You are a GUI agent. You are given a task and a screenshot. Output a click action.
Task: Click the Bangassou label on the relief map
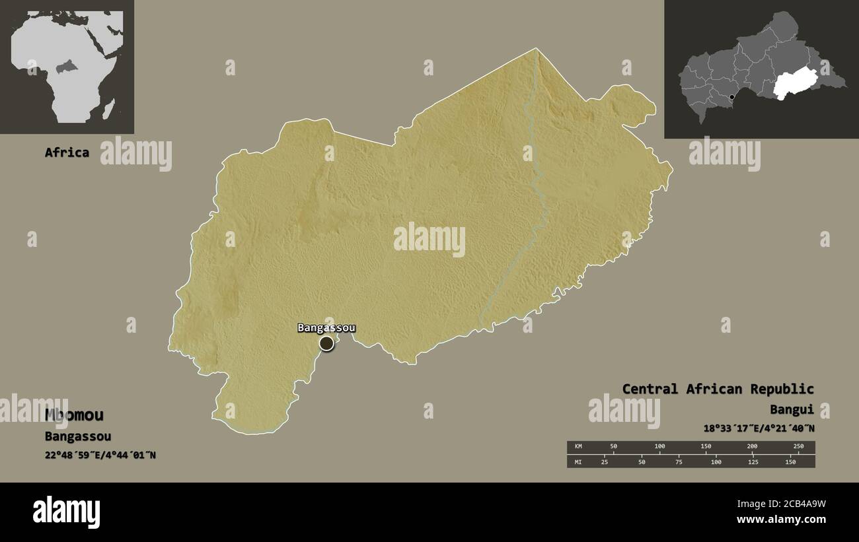[x=326, y=327]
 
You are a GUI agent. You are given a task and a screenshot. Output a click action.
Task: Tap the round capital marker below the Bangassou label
[x=326, y=343]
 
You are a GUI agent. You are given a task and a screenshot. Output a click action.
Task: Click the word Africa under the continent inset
[x=67, y=152]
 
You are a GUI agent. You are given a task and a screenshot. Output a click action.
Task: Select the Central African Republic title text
[x=718, y=389]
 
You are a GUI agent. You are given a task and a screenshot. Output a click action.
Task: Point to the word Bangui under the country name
[x=792, y=409]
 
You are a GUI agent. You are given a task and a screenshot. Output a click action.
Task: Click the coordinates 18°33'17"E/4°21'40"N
[x=759, y=428]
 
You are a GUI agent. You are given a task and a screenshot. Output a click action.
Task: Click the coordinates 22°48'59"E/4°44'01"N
[x=100, y=455]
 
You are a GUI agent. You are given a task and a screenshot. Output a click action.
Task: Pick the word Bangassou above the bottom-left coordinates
[x=78, y=436]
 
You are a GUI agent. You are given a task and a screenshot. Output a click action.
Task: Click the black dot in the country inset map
[x=731, y=98]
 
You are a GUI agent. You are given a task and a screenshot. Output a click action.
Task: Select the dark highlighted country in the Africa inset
[x=65, y=67]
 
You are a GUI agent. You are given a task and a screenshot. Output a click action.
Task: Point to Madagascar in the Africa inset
[x=108, y=106]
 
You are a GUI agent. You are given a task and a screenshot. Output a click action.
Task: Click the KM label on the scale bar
[x=578, y=447]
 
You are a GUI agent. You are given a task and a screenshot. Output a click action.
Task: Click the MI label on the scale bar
[x=578, y=461]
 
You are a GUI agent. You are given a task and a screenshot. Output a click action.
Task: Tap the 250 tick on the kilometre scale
[x=798, y=447]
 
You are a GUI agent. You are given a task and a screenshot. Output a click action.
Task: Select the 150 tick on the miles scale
[x=790, y=461]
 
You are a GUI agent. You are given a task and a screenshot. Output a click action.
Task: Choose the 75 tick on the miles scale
[x=679, y=461]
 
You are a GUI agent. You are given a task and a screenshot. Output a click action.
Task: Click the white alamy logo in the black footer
[x=67, y=512]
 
